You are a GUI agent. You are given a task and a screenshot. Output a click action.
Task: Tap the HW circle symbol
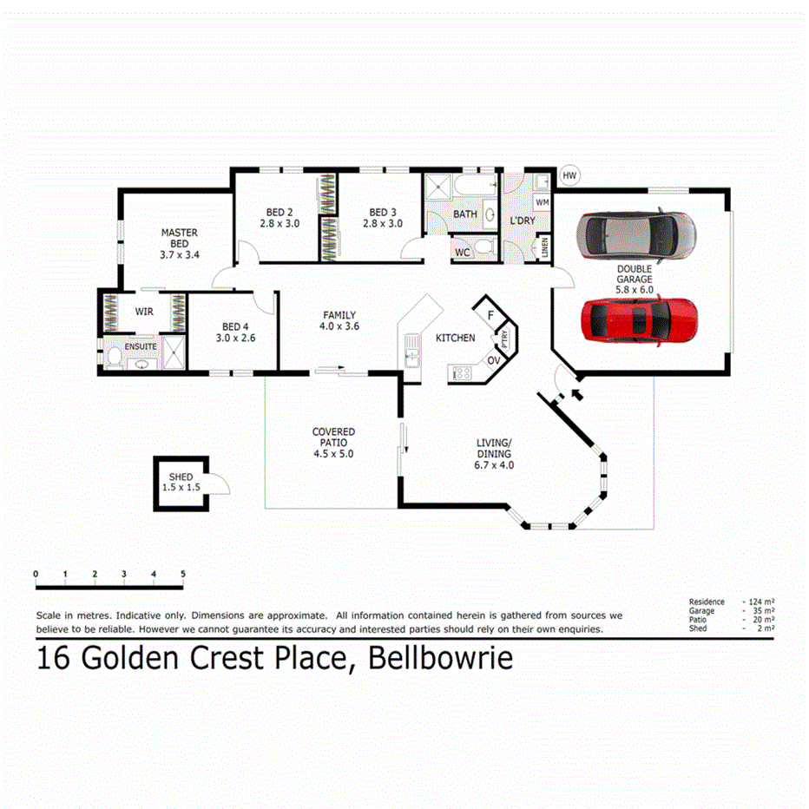pyautogui.click(x=569, y=176)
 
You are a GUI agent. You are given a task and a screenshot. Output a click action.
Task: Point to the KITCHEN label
pyautogui.click(x=455, y=338)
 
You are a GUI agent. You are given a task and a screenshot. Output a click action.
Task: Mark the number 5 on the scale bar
pyautogui.click(x=183, y=574)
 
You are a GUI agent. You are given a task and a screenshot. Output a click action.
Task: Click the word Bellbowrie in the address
pyautogui.click(x=441, y=659)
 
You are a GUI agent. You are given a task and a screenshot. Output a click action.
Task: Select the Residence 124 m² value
pyautogui.click(x=763, y=602)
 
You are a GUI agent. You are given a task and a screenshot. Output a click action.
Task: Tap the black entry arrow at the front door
pyautogui.click(x=574, y=396)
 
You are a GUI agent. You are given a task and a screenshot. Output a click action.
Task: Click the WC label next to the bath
pyautogui.click(x=463, y=253)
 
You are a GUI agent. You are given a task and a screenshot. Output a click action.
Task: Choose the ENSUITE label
pyautogui.click(x=141, y=347)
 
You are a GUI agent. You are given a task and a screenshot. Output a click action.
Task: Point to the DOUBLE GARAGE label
pyautogui.click(x=635, y=275)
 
